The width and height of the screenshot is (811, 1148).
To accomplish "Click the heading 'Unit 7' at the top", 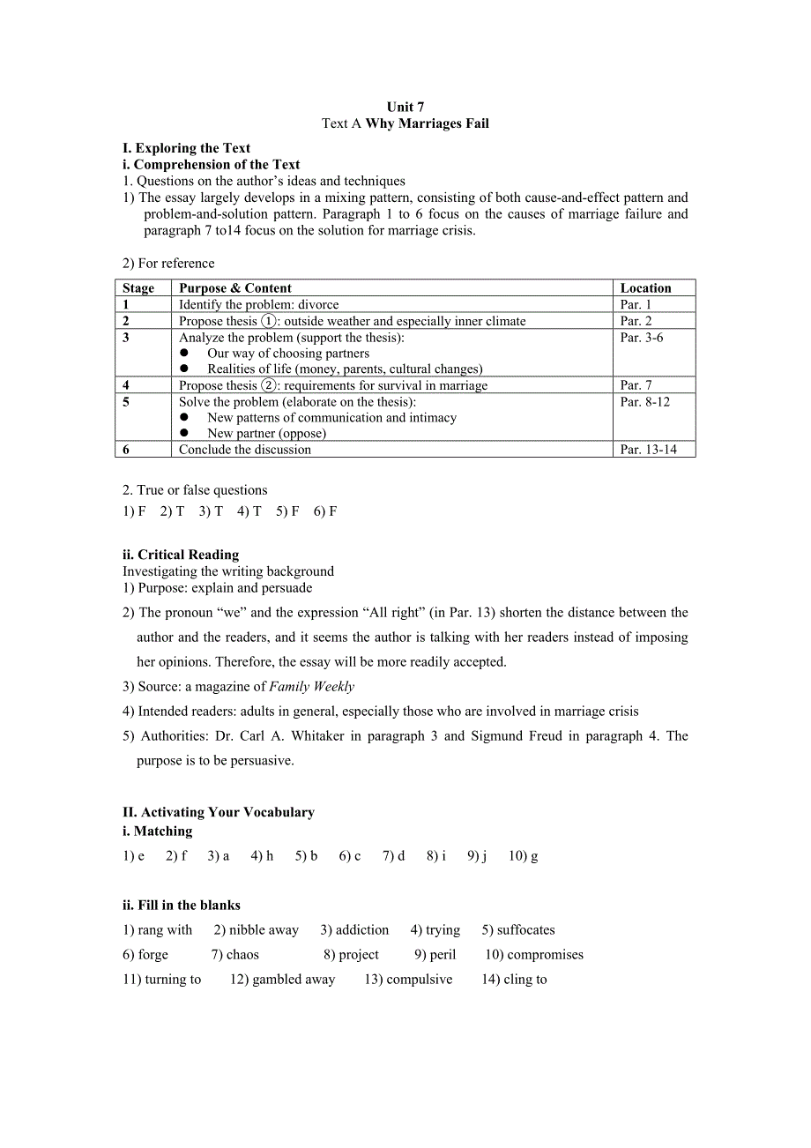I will coord(405,108).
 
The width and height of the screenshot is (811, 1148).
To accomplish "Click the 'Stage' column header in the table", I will coord(138,288).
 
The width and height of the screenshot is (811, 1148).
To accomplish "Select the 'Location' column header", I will coord(645,288).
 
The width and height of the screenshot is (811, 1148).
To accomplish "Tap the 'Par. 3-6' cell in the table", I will coord(641,338).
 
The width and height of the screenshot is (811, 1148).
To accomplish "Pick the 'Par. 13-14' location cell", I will coord(648,450).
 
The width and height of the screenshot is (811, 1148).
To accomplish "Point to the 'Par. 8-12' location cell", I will coord(644,402).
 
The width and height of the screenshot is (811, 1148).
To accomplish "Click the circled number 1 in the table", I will coord(269,321).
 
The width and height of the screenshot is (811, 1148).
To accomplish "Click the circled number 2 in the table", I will coord(269,385).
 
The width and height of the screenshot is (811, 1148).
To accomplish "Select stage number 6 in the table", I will coord(126,450).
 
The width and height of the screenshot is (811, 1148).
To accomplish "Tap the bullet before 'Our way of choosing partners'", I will coord(185,354).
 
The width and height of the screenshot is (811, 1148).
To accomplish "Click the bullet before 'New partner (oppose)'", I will coord(185,434).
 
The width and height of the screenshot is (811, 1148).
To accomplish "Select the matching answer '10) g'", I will coord(523,856).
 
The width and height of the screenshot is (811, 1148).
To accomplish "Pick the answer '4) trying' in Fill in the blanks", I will coord(435,930).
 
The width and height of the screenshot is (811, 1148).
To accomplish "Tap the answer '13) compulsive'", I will coord(408,980).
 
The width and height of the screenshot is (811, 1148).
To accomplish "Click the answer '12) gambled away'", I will coord(282,980).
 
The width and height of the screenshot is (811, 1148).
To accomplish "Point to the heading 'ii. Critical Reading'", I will coord(181,555).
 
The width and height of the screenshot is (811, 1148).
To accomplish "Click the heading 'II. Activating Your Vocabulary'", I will coord(219,812).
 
